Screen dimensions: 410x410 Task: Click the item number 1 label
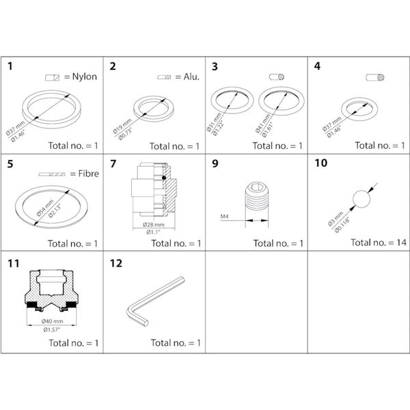(10, 67)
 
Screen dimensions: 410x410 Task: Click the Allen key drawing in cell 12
(154, 298)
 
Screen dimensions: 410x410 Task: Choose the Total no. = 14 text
(378, 243)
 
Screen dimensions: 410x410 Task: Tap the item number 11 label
(13, 262)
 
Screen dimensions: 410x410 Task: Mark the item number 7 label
(113, 164)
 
